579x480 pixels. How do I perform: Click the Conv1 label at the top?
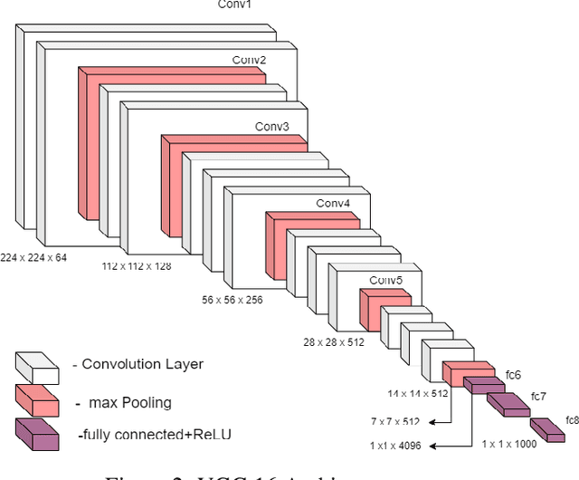point(234,5)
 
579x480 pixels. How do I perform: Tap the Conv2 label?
point(249,61)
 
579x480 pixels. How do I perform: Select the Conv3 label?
point(271,126)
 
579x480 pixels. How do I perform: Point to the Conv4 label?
point(332,202)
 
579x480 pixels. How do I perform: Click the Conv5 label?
point(386,280)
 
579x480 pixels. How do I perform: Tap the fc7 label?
point(539,397)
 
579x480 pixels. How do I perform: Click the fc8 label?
point(572,419)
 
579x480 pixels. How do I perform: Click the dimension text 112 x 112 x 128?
point(137,267)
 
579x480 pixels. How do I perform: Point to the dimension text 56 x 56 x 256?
point(232,299)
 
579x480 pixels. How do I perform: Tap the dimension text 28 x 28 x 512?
point(333,343)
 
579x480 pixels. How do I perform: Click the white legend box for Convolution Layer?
point(36,367)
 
